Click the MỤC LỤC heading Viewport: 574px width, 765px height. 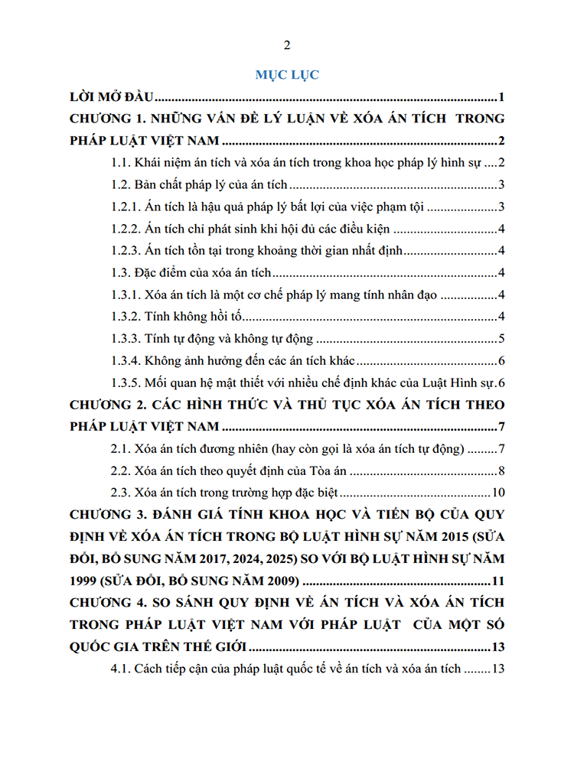[x=287, y=75]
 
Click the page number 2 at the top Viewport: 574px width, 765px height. [x=287, y=44]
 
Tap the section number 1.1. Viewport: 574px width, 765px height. [x=121, y=163]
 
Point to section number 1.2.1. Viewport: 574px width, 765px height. [x=126, y=207]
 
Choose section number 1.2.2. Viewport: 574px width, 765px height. [x=126, y=229]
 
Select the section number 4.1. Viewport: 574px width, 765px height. [x=121, y=668]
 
